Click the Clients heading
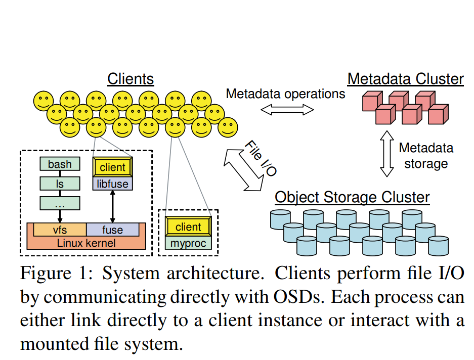[131, 79]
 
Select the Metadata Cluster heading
[405, 79]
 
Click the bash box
[60, 164]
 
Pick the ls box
[60, 184]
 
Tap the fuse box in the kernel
[112, 230]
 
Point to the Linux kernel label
[86, 243]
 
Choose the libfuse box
[112, 184]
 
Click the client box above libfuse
[112, 167]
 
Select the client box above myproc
[188, 227]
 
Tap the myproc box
[188, 243]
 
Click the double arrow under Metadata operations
[286, 109]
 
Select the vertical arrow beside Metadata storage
[387, 154]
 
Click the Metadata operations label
[285, 94]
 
